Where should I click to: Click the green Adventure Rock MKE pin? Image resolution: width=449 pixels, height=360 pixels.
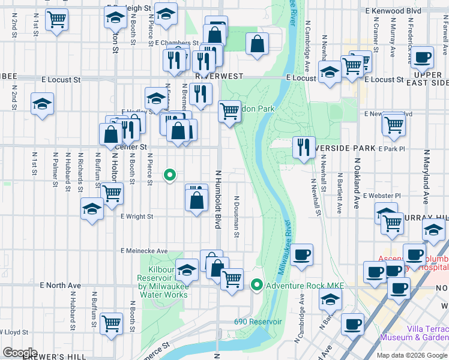tap(258, 284)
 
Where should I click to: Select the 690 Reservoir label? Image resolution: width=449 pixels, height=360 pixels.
tap(258, 322)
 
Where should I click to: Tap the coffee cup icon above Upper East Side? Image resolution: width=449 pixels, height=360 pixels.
tap(423, 57)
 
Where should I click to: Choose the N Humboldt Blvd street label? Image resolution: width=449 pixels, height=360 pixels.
tap(218, 198)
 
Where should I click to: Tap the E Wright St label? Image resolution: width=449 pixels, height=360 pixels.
tap(137, 217)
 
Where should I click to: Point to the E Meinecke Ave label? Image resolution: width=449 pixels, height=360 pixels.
tap(143, 251)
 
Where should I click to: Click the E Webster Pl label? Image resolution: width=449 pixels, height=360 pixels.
tap(381, 196)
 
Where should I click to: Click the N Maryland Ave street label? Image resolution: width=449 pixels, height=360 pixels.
tap(426, 177)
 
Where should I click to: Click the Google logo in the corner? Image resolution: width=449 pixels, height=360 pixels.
tap(19, 353)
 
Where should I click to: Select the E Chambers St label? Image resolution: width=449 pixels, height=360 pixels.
tap(176, 43)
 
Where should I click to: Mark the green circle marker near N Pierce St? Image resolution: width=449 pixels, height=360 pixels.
tap(170, 175)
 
